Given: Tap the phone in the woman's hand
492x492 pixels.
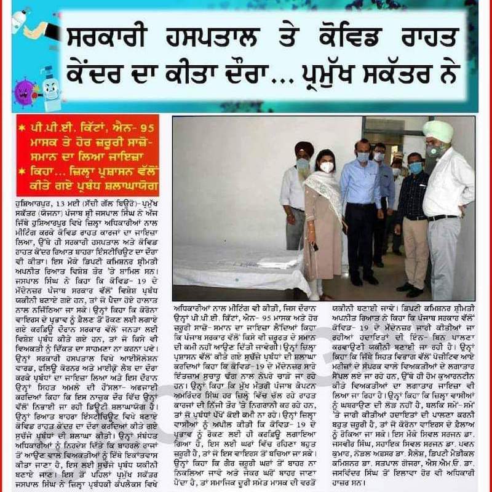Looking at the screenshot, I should (314, 246).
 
